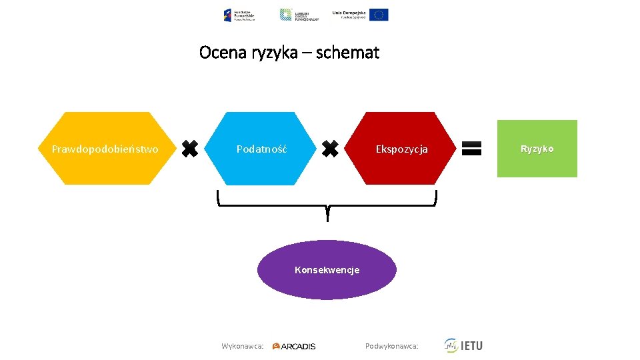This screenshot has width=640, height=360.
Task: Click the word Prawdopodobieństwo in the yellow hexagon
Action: pyautogui.click(x=105, y=149)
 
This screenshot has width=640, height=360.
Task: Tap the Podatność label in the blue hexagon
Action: pyautogui.click(x=262, y=149)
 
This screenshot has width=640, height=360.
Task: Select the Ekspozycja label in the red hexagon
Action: pyautogui.click(x=401, y=149)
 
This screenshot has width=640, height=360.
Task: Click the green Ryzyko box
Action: pyautogui.click(x=537, y=149)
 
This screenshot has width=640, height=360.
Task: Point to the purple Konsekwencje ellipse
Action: pyautogui.click(x=327, y=270)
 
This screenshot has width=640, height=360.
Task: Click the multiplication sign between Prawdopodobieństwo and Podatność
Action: pyautogui.click(x=190, y=149)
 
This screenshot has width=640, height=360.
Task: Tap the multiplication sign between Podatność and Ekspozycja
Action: pyautogui.click(x=330, y=149)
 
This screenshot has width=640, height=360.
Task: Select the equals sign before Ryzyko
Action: pyautogui.click(x=471, y=148)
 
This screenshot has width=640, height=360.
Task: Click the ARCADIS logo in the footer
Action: pyautogui.click(x=294, y=346)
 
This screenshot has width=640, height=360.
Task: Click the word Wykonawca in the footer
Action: pyautogui.click(x=242, y=346)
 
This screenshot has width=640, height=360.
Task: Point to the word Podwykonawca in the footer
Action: pyautogui.click(x=391, y=346)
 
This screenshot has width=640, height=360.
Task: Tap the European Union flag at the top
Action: pyautogui.click(x=379, y=15)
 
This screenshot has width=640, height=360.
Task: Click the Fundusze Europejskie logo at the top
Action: pyautogui.click(x=239, y=15)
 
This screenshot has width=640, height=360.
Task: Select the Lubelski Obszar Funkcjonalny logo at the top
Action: pyautogui.click(x=299, y=15)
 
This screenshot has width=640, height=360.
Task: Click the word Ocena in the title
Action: pyautogui.click(x=223, y=53)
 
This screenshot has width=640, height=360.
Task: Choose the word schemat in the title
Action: pyautogui.click(x=347, y=53)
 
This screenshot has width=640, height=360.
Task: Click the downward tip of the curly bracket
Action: pyautogui.click(x=327, y=217)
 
